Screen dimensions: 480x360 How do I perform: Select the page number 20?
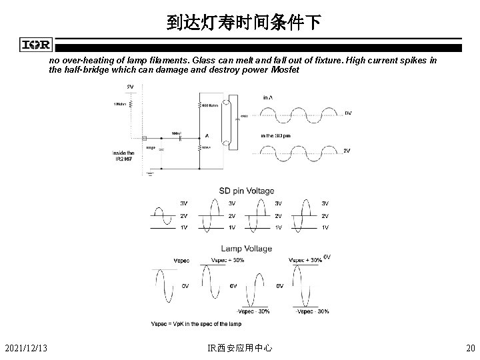point(470,347)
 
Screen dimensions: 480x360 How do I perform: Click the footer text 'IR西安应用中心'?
point(240,347)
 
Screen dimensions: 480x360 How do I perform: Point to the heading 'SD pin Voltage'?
point(247,191)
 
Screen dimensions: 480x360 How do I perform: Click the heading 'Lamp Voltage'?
point(247,249)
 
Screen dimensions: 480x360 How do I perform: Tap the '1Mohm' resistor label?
point(120,103)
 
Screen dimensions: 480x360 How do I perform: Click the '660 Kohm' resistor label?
point(211,105)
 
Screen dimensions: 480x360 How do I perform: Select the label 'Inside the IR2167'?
point(124,156)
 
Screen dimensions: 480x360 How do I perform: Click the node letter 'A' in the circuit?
point(207,135)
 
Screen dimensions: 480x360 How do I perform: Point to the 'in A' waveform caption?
point(268,97)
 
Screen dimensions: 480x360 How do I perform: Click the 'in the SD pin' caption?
point(276,136)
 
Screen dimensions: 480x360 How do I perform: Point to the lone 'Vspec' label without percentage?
point(181,260)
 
